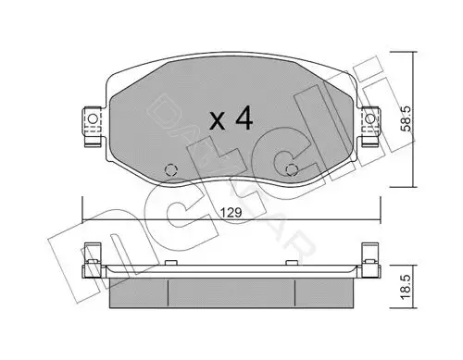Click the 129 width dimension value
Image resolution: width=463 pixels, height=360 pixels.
tap(231, 213)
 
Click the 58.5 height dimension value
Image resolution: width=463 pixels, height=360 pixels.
tap(407, 119)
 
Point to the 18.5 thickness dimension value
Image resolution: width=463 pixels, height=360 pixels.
tap(407, 287)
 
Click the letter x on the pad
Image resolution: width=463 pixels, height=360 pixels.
tap(217, 120)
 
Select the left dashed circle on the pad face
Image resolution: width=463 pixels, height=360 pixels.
tap(171, 169)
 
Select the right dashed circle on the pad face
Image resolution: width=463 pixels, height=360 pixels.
tap(292, 169)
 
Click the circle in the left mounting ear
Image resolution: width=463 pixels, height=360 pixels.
tap(93, 118)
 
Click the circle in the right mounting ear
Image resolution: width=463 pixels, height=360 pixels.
tap(369, 118)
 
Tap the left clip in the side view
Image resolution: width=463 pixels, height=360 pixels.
tap(92, 261)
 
